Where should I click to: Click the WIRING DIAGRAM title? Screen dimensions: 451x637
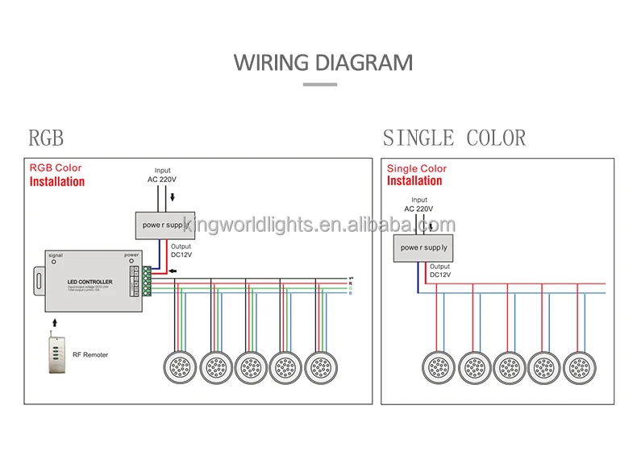point(323,62)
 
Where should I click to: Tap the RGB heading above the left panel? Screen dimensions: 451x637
point(46,138)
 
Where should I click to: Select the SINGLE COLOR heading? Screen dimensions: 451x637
point(454,138)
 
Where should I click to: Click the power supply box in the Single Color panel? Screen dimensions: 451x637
point(423,247)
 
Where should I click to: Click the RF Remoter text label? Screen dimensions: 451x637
point(90,354)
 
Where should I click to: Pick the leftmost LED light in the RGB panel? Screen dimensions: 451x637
point(182,368)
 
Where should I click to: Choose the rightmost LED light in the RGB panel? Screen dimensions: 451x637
point(321,368)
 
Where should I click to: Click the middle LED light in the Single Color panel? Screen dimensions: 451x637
point(510,368)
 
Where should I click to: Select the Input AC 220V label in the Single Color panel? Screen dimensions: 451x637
point(419,205)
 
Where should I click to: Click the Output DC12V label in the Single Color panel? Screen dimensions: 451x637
point(440,271)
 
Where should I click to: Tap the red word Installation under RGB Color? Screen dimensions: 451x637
point(57,182)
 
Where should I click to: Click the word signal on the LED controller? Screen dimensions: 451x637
point(56,255)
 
